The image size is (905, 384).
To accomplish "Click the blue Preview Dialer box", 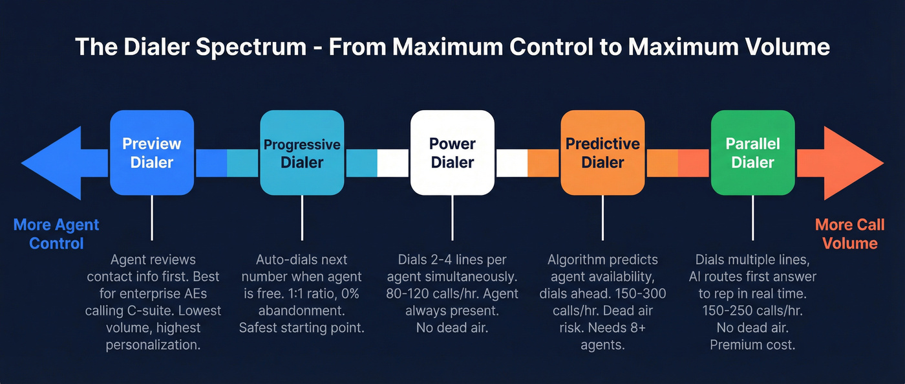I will coord(152,153).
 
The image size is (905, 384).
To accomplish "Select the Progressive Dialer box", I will coord(302,153).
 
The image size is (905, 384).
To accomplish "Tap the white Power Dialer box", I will coord(452,153).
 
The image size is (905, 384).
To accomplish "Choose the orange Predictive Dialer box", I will coord(602,153).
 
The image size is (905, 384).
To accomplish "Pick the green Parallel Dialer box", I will coord(752,153).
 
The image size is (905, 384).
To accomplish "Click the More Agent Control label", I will coord(56,234).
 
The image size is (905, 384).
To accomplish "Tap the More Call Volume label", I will coord(849,234).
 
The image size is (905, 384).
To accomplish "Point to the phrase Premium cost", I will coord(752,344).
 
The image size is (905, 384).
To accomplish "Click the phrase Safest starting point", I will coord(302,328).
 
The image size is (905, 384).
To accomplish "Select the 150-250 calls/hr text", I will coord(752,311).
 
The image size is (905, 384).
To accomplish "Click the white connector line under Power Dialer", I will coord(452,218).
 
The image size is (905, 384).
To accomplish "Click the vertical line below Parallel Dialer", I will coord(752,218).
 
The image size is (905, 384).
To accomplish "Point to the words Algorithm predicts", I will coord(602,260).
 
